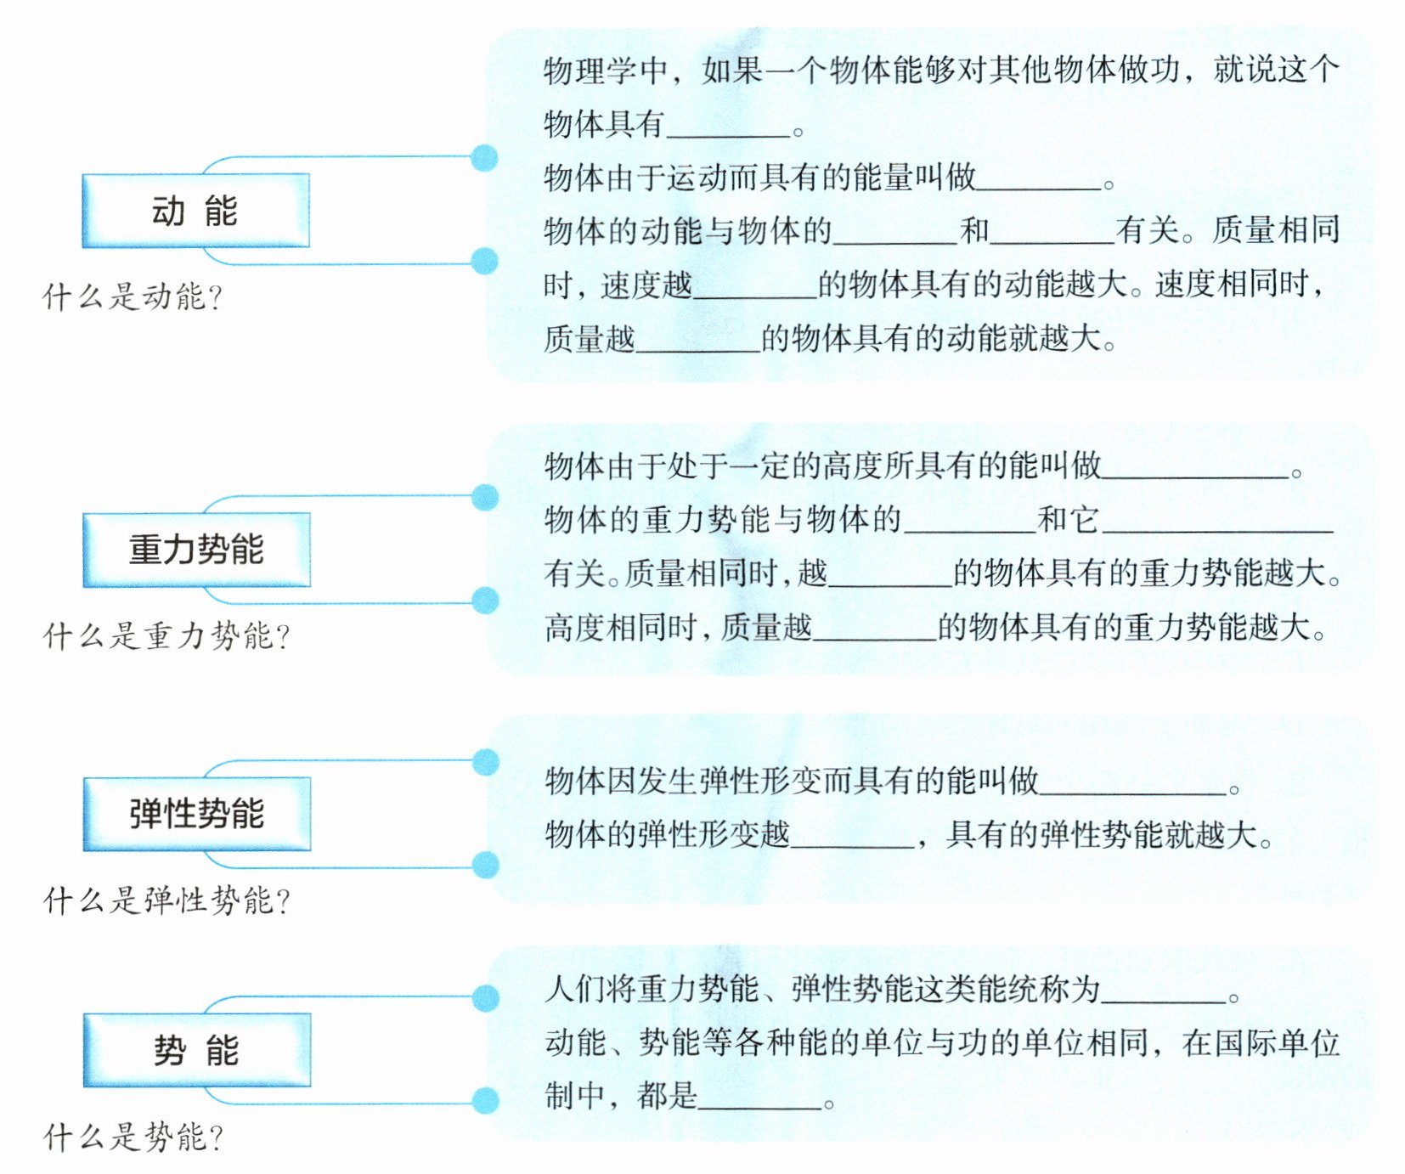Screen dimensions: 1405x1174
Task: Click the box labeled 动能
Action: click(x=195, y=211)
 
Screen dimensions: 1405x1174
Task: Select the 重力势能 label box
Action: click(x=196, y=550)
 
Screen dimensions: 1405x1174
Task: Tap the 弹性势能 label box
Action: click(x=196, y=814)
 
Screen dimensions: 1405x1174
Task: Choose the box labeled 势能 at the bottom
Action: click(x=196, y=1050)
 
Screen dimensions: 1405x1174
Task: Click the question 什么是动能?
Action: click(x=133, y=296)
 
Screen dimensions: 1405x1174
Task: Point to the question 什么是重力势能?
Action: click(x=166, y=635)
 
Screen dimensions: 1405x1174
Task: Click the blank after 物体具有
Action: click(x=728, y=127)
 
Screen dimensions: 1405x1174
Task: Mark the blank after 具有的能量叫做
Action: click(x=1038, y=180)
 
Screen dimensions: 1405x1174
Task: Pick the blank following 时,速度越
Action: click(x=754, y=289)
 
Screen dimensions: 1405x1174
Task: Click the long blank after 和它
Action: click(x=1216, y=523)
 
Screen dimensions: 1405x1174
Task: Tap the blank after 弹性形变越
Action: click(x=852, y=839)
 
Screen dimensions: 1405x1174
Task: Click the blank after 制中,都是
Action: click(x=759, y=1101)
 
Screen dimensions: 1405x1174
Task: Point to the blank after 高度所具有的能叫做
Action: click(x=1194, y=470)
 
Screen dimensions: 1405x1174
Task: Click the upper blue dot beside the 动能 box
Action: click(x=484, y=157)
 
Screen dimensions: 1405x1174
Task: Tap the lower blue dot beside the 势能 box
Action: click(x=485, y=1100)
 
